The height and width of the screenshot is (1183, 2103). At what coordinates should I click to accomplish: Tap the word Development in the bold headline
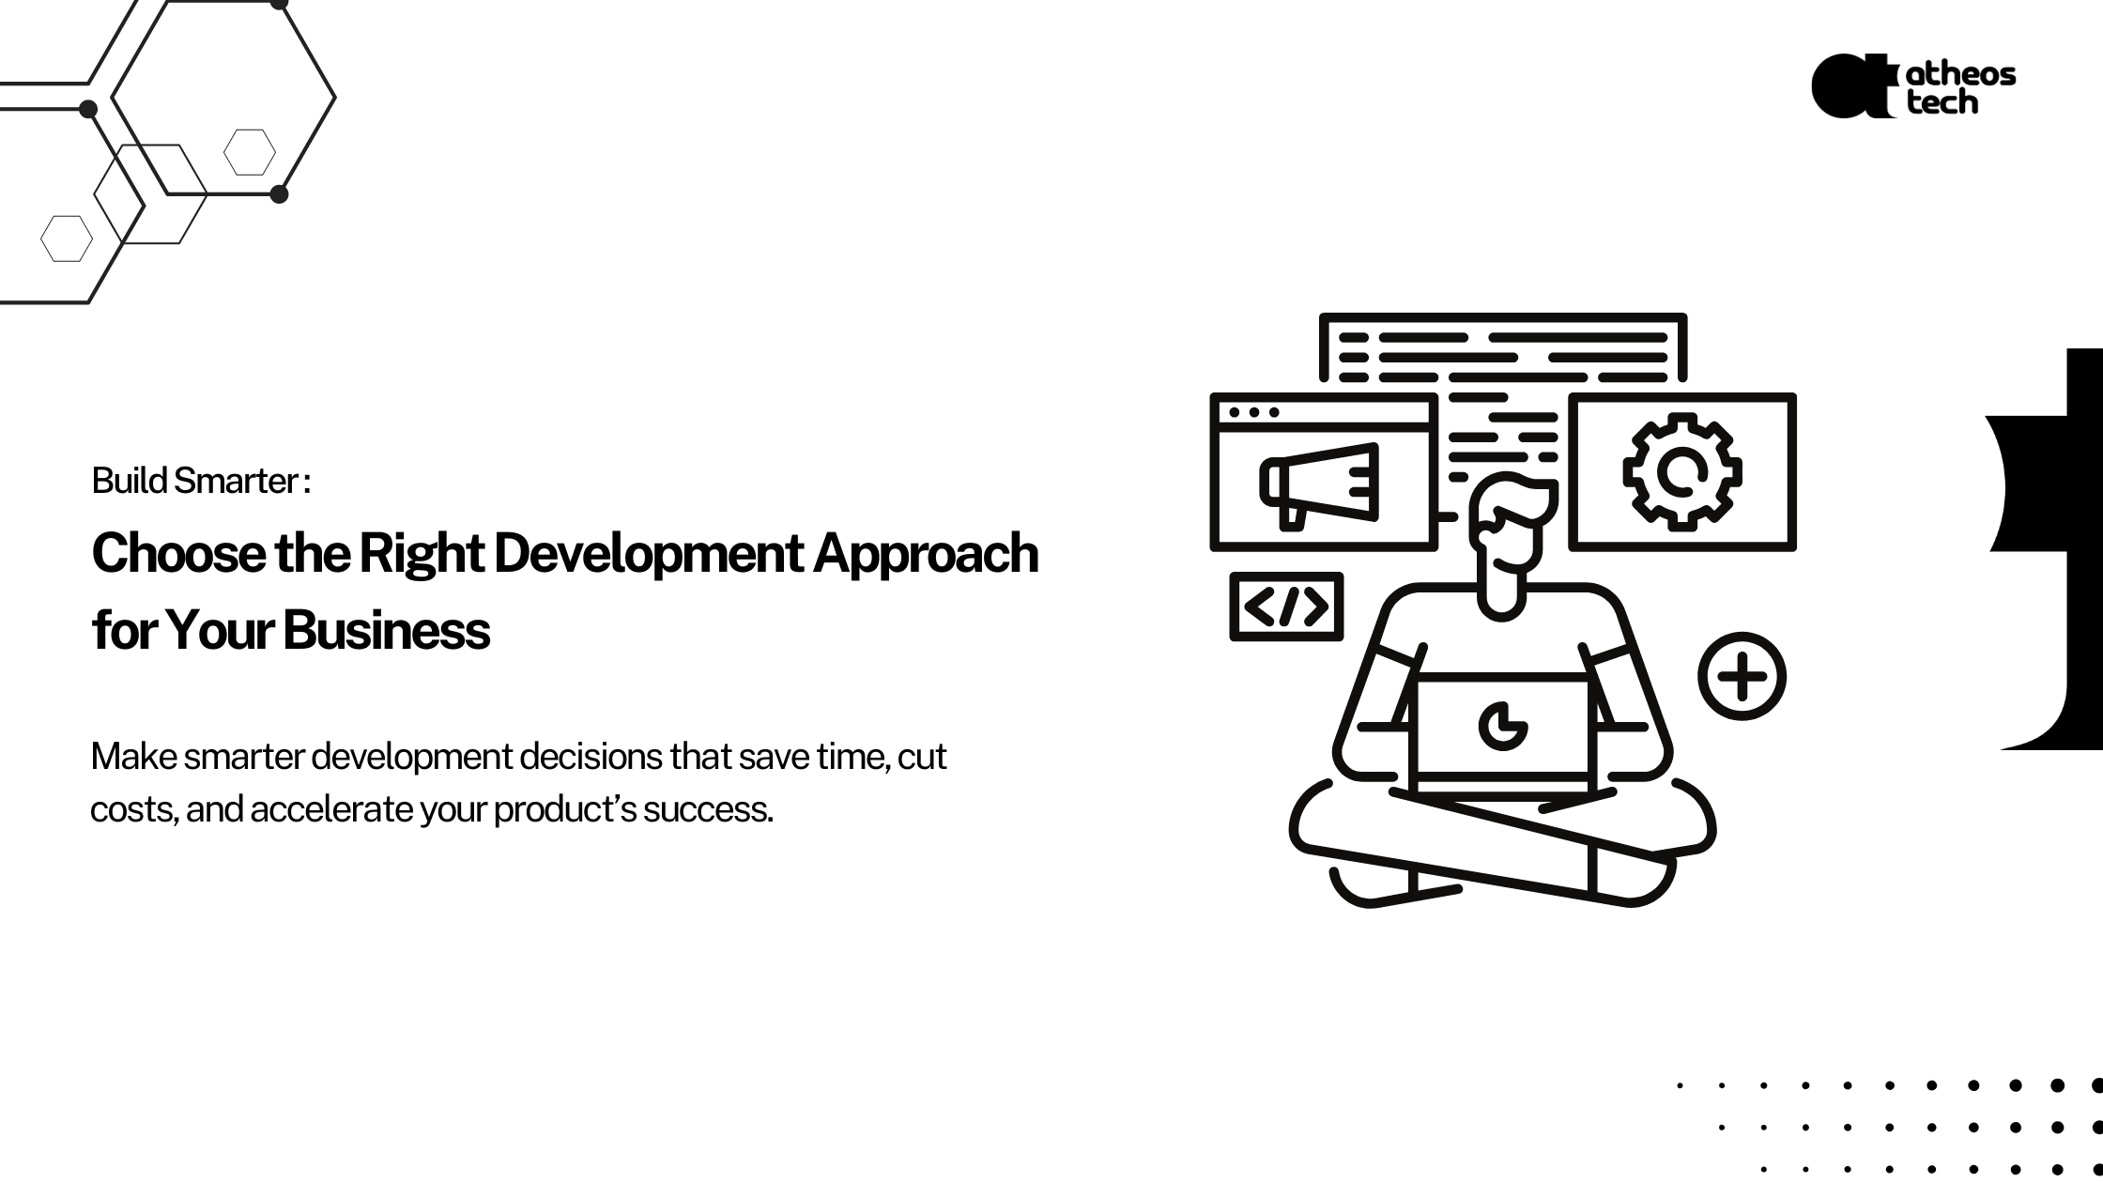coord(648,555)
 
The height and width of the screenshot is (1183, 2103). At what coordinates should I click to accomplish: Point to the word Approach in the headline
coord(926,555)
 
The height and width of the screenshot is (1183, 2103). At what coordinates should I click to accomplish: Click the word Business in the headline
coord(386,629)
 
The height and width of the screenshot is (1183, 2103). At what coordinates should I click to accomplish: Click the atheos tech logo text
coord(1960,88)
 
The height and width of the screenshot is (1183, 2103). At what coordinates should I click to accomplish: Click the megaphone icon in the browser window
coord(1319,485)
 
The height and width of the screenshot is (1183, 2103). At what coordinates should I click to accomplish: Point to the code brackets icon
coord(1286,607)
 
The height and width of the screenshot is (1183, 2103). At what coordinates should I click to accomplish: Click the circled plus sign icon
coord(1742,676)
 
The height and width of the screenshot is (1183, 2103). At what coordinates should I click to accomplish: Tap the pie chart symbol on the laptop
coord(1502,726)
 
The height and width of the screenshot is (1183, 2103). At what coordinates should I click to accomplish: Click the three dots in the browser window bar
coord(1253,412)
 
